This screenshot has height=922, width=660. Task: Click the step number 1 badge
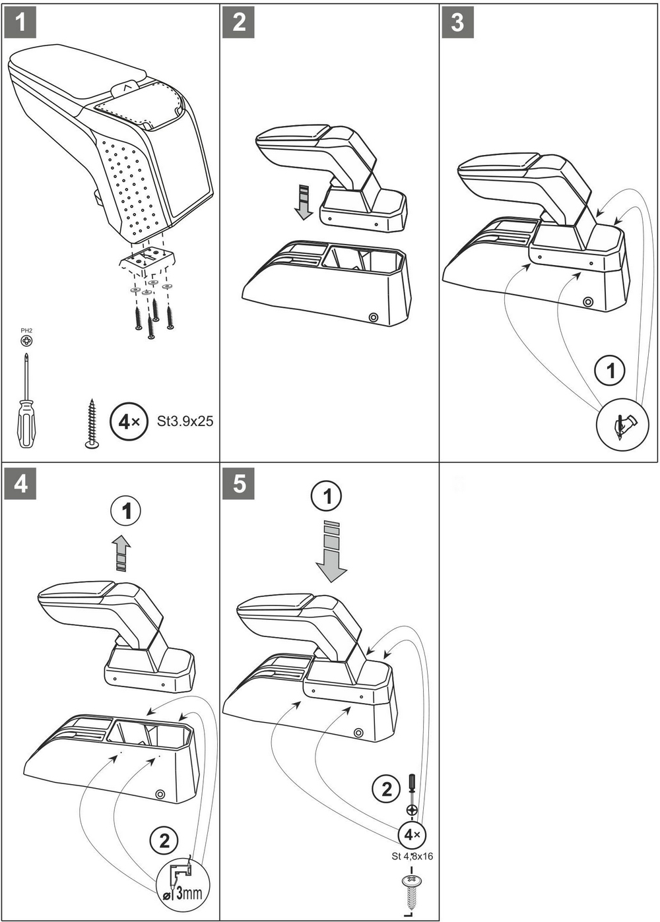pyautogui.click(x=20, y=22)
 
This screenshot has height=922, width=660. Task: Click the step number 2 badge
pyautogui.click(x=239, y=22)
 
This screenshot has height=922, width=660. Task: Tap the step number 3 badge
pyautogui.click(x=457, y=22)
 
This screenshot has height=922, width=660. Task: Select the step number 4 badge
pyautogui.click(x=20, y=483)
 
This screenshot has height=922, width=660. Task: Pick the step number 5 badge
pyautogui.click(x=239, y=483)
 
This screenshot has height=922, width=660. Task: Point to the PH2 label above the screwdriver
pyautogui.click(x=26, y=330)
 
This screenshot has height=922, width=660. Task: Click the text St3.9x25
pyautogui.click(x=185, y=421)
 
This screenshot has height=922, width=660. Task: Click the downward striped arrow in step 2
pyautogui.click(x=303, y=201)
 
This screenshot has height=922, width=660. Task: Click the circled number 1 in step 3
pyautogui.click(x=610, y=370)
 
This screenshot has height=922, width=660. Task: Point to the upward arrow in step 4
pyautogui.click(x=121, y=551)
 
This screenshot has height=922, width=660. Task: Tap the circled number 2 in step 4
pyautogui.click(x=164, y=840)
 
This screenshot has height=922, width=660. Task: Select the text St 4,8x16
pyautogui.click(x=412, y=856)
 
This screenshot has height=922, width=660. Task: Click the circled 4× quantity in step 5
pyautogui.click(x=412, y=834)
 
